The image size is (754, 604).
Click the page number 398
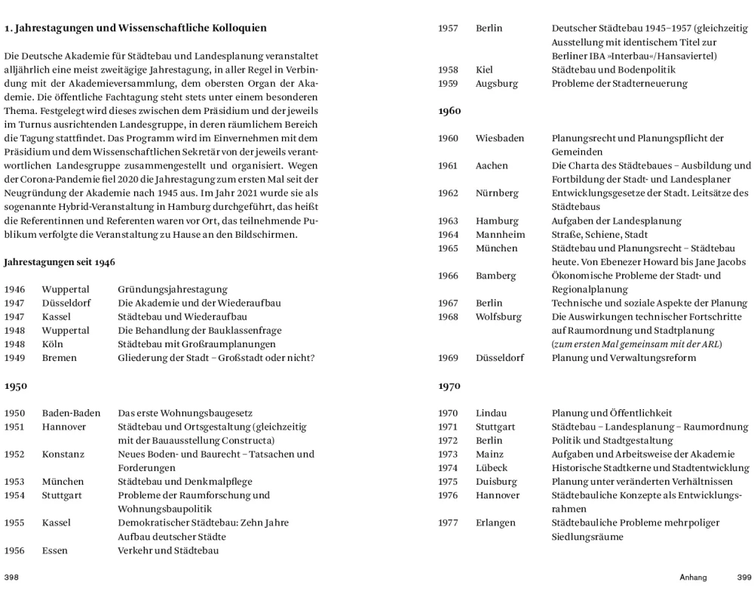(x=11, y=578)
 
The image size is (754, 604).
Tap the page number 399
(x=744, y=578)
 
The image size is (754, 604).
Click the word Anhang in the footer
(x=693, y=578)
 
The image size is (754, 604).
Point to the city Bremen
(x=59, y=357)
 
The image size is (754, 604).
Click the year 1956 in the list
(x=14, y=550)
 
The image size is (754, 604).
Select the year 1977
(x=448, y=522)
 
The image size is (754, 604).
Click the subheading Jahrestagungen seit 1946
(x=60, y=262)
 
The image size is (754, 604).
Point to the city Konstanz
(x=63, y=454)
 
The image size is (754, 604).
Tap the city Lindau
(x=491, y=413)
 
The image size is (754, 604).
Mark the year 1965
(x=448, y=248)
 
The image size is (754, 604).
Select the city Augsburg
(x=497, y=83)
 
